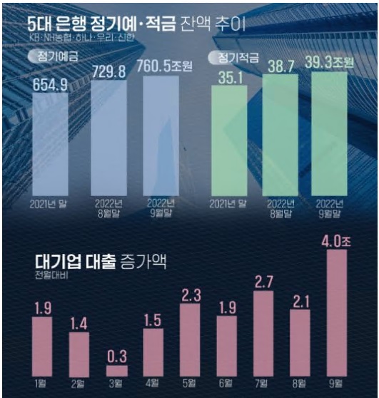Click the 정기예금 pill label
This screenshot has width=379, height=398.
(x=54, y=56)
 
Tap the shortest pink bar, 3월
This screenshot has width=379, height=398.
(x=116, y=370)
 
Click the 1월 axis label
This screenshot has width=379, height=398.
(x=43, y=385)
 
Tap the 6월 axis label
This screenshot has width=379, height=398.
(x=226, y=385)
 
